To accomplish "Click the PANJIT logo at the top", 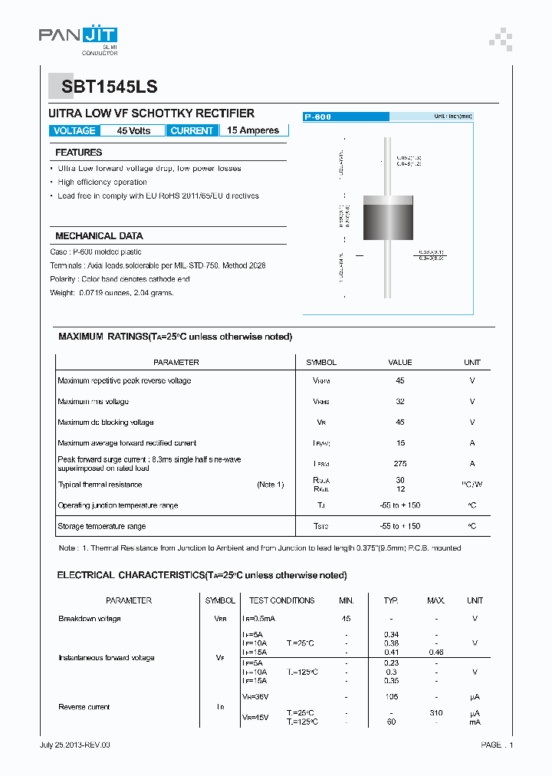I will tap(77, 35).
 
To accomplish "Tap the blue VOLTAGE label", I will tap(74, 131).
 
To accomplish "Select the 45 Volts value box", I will tap(133, 131).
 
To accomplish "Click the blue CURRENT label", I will tap(192, 131).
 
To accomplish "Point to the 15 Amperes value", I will tap(253, 130).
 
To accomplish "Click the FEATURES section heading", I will tap(78, 153).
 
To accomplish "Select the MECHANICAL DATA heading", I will tap(99, 236).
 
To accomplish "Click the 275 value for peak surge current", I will tap(400, 464).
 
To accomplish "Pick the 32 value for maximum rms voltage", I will tap(400, 402).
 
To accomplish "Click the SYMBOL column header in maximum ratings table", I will tap(321, 363).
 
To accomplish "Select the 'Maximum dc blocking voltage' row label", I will tap(106, 423).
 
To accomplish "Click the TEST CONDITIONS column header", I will tap(281, 601).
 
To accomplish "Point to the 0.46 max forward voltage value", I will tap(435, 651).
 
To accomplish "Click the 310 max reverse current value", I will tap(435, 713).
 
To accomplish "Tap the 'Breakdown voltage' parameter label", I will tap(90, 619).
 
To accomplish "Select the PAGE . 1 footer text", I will tap(497, 745).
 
